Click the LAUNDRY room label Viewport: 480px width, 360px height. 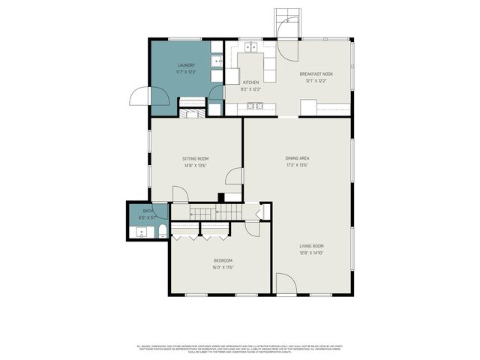click(x=186, y=66)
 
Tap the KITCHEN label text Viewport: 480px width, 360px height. click(x=250, y=82)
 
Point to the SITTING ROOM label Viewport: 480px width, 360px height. click(x=196, y=159)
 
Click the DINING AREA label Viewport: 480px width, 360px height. click(x=297, y=158)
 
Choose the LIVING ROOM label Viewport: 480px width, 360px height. click(x=311, y=246)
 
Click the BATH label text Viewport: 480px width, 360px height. click(x=148, y=211)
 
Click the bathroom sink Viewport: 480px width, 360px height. click(x=141, y=233)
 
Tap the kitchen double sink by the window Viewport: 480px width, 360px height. click(x=250, y=47)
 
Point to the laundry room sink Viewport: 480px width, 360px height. click(x=216, y=61)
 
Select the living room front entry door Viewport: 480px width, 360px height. click(x=286, y=284)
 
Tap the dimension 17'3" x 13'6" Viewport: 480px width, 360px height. click(x=297, y=166)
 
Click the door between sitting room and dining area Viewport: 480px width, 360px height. click(x=235, y=177)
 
